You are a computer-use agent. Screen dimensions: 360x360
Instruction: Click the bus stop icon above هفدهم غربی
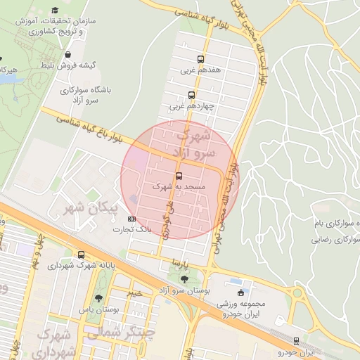[201, 60]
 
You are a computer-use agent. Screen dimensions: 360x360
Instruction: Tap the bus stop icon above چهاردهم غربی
[192, 95]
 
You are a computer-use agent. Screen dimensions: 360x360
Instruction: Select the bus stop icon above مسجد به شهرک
[179, 176]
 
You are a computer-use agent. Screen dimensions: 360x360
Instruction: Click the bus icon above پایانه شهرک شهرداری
[82, 255]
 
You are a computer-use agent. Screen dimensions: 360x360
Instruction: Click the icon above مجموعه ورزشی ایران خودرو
[241, 292]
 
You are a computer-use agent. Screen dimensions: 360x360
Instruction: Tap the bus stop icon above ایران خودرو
[296, 340]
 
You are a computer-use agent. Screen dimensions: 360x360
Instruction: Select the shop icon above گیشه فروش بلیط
[67, 54]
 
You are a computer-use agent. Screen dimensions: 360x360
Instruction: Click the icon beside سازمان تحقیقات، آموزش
[55, 11]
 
